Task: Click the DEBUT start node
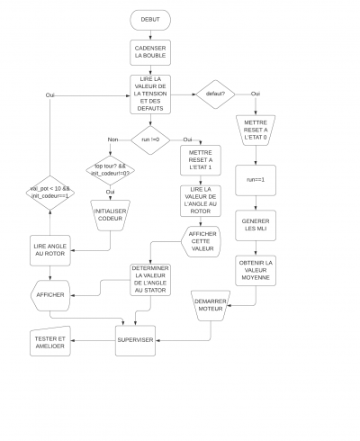[x=149, y=19]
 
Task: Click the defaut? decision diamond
[x=215, y=94]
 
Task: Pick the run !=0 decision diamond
[x=149, y=139]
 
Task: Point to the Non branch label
[x=113, y=139]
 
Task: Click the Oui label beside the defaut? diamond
[x=256, y=94]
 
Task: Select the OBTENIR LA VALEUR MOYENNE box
[x=256, y=270]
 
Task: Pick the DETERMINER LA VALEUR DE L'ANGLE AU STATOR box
[x=149, y=279]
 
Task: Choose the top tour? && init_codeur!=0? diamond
[x=111, y=168]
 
